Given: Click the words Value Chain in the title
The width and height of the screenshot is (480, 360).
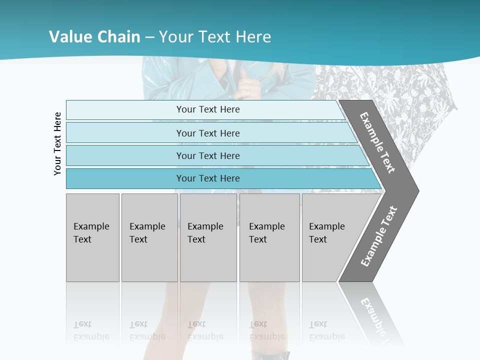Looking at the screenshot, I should (x=94, y=37).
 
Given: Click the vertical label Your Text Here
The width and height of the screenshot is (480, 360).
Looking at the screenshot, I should (x=57, y=143).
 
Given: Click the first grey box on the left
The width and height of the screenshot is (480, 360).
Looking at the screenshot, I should (x=92, y=237).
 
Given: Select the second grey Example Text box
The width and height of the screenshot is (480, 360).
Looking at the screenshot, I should (x=149, y=237).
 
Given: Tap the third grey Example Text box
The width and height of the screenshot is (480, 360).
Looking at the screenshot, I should (x=207, y=237).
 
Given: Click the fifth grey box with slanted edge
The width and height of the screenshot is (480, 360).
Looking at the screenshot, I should (x=330, y=237).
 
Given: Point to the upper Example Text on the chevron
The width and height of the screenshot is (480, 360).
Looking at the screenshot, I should (x=377, y=142).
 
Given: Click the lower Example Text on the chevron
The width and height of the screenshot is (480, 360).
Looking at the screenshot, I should (x=379, y=236).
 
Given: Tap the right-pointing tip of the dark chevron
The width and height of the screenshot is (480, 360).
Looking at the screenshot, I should (x=415, y=190).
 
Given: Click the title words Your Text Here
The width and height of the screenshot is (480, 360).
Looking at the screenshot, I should (x=215, y=37).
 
